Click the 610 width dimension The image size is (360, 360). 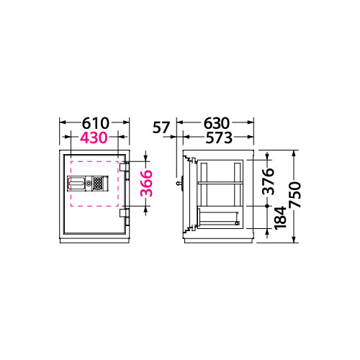click(96, 123)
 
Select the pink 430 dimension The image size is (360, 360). click(94, 138)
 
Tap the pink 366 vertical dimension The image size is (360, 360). click(146, 184)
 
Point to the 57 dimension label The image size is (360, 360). click(161, 127)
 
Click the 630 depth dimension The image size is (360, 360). click(217, 123)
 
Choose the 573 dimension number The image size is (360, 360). click(219, 138)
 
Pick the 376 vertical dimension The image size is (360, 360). click(268, 181)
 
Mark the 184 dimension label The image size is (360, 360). click(280, 218)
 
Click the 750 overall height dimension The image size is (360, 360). click(294, 194)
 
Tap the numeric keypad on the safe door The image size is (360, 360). click(97, 184)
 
